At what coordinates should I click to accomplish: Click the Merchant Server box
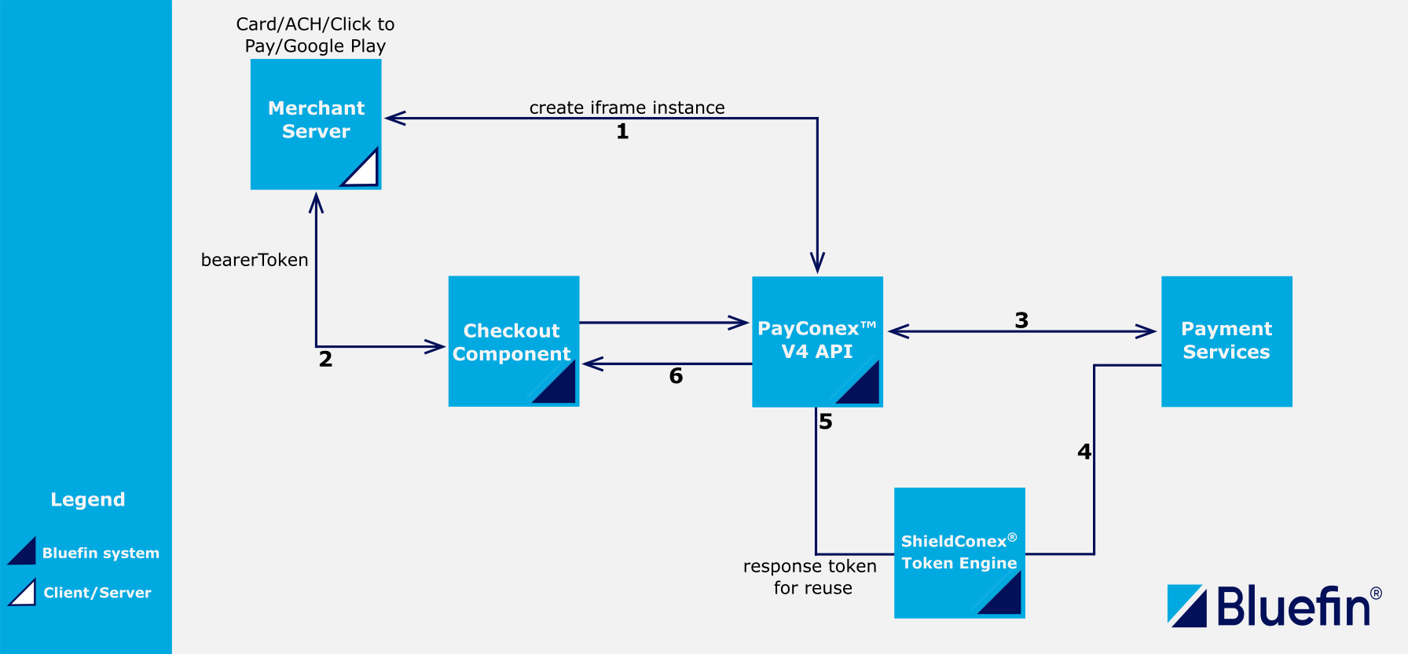[316, 123]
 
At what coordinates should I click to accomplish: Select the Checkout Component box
[513, 341]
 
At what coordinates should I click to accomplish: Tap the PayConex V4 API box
[817, 341]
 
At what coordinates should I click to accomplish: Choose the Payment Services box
[1226, 341]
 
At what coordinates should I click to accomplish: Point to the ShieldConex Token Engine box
[959, 553]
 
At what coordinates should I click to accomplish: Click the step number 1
[622, 132]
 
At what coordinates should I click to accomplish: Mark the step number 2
[325, 360]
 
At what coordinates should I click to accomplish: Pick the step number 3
[1021, 320]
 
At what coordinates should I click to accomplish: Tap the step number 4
[1084, 451]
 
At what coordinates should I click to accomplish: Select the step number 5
[826, 422]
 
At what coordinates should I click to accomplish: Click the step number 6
[676, 376]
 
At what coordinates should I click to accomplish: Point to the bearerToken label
[255, 260]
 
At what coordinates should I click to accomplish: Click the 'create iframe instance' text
[627, 108]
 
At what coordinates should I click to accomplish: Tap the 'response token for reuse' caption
[810, 576]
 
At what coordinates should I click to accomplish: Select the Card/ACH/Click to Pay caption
[315, 35]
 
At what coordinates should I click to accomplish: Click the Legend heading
[88, 499]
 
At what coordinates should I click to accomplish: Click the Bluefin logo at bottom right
[1273, 606]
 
